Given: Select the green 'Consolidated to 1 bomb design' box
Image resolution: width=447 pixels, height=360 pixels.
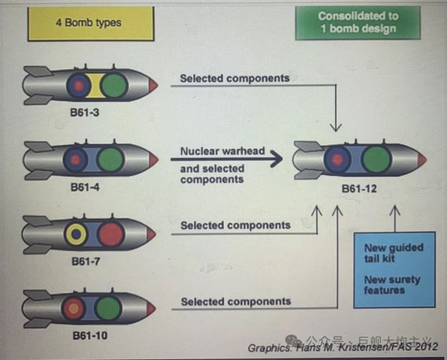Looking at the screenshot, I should [358, 22].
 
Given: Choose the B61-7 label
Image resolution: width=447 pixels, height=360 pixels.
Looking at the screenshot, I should [86, 261].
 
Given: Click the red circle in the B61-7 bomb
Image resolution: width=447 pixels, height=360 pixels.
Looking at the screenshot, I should [111, 233].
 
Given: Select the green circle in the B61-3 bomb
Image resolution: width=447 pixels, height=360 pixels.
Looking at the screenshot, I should [114, 86].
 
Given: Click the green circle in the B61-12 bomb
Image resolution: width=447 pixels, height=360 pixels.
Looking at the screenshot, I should [376, 160].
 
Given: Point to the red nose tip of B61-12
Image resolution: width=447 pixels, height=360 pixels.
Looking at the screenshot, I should [422, 160].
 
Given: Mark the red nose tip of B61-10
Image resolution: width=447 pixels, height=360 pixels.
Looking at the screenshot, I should [151, 308].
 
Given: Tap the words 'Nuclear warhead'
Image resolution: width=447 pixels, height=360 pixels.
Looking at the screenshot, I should [223, 151].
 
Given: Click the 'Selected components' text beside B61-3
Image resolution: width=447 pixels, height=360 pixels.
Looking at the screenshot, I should [235, 78].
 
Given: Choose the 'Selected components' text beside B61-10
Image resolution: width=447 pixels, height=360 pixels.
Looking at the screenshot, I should [236, 301].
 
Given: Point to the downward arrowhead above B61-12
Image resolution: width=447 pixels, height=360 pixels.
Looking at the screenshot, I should [335, 127].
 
